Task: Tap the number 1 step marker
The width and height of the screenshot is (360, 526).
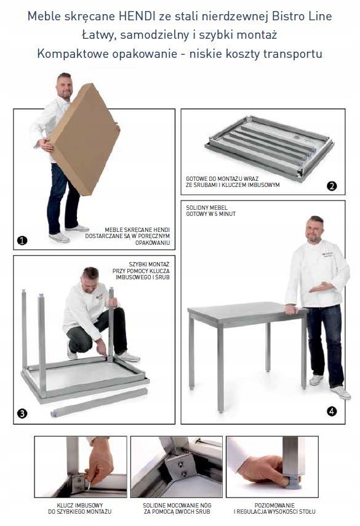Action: coord(22,240)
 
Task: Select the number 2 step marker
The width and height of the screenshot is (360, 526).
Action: coord(332,186)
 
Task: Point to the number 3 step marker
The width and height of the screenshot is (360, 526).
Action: coord(22,413)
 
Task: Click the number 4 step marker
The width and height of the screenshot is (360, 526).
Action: coord(332,411)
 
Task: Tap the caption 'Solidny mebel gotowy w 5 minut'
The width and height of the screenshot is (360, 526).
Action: coord(210,210)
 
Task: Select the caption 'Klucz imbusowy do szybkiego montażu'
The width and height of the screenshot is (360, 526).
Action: coord(80,509)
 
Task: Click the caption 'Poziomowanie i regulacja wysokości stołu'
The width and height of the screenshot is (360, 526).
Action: coord(274,509)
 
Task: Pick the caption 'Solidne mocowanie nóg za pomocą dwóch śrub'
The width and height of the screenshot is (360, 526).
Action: coord(177,509)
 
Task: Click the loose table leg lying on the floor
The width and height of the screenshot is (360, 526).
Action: coord(99,403)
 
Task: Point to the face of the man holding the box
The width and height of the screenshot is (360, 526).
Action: coord(65,86)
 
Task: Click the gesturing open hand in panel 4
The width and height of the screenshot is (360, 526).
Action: coord(321,287)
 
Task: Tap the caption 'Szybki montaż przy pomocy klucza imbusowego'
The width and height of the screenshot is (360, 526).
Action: coord(141,271)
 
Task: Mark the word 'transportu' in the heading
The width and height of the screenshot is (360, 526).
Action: coord(292,54)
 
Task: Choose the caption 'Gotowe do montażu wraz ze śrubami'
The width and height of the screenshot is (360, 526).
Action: coord(233,182)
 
